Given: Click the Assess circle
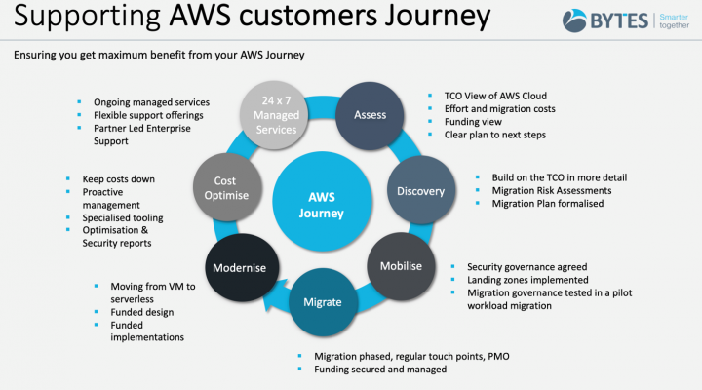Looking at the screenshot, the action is click(370, 115).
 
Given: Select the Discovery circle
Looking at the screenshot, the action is click(421, 190).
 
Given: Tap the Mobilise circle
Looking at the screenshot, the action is click(401, 266).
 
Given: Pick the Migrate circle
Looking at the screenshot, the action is click(323, 302).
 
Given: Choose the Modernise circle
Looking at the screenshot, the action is click(242, 268).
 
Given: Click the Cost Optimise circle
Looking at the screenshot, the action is click(227, 187).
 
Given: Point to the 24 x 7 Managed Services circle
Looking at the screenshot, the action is click(274, 115).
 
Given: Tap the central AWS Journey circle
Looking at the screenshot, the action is click(322, 202).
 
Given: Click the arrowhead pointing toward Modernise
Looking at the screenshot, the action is click(273, 295).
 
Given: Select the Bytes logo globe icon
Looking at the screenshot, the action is click(574, 20).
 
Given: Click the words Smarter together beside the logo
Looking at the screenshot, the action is click(674, 21).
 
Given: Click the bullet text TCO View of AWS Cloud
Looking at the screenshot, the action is click(495, 96).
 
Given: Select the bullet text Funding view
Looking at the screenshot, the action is click(473, 122).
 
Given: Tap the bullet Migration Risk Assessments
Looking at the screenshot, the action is click(552, 191).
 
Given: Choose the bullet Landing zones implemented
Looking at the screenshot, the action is click(527, 280).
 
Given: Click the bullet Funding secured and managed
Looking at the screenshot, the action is click(380, 370).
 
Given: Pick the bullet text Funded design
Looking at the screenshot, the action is click(142, 312).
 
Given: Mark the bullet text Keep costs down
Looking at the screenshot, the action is click(119, 179).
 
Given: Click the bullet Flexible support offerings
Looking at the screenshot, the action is click(148, 115).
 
